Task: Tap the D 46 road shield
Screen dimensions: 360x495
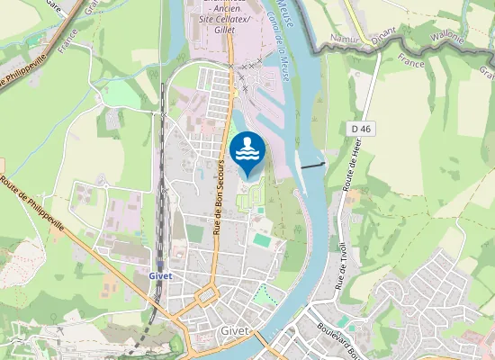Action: (x=362, y=130)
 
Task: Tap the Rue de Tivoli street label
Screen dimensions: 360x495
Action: (x=343, y=260)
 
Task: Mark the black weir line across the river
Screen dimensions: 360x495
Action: (x=312, y=166)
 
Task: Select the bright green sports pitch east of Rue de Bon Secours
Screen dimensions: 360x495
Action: (x=262, y=241)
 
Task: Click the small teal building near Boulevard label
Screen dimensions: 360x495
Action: (x=342, y=320)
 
